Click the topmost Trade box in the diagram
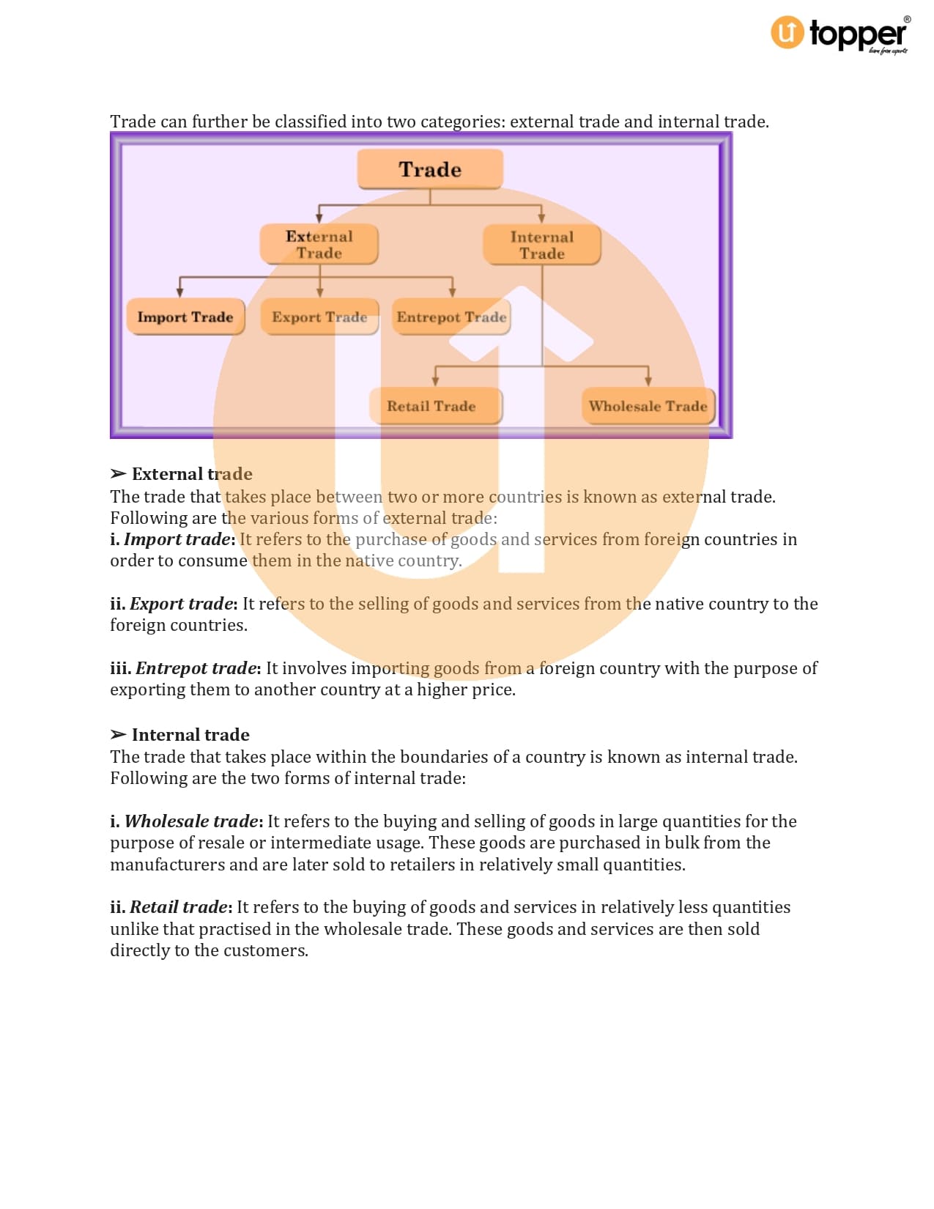pyautogui.click(x=430, y=169)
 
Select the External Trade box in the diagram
pyautogui.click(x=319, y=244)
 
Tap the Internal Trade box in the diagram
pyautogui.click(x=542, y=245)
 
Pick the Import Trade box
pyautogui.click(x=185, y=317)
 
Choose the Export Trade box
pyautogui.click(x=319, y=317)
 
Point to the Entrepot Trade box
pyautogui.click(x=451, y=317)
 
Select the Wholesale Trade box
pyautogui.click(x=648, y=406)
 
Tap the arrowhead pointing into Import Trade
pyautogui.click(x=179, y=292)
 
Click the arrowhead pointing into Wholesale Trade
pyautogui.click(x=648, y=380)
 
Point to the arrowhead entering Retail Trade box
pyautogui.click(x=435, y=380)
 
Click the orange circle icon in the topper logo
pyautogui.click(x=787, y=32)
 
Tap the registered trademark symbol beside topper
pyautogui.click(x=907, y=20)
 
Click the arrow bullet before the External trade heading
pyautogui.click(x=118, y=473)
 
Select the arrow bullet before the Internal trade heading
pyautogui.click(x=118, y=734)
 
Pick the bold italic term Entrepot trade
pyautogui.click(x=196, y=668)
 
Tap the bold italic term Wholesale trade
pyautogui.click(x=191, y=821)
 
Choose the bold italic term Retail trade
pyautogui.click(x=179, y=907)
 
